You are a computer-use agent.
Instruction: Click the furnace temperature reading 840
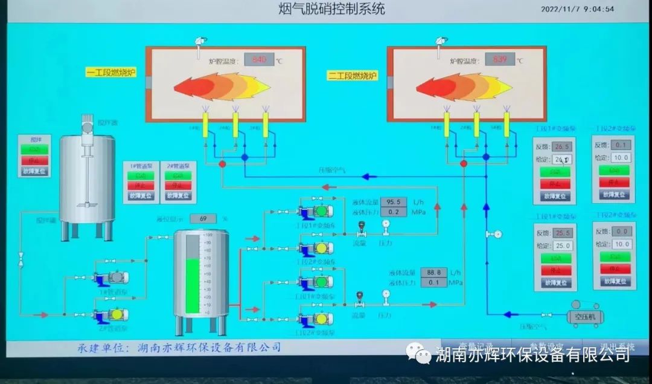click(259, 59)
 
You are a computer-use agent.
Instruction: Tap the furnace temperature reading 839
click(500, 59)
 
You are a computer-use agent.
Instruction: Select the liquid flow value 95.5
click(394, 202)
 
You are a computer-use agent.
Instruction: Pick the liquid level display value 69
click(203, 218)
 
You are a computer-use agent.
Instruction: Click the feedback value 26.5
click(562, 146)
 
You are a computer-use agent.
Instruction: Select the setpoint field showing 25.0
click(563, 246)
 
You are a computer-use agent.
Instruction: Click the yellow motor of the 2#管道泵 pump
click(115, 314)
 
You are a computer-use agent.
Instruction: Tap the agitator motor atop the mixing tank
click(87, 125)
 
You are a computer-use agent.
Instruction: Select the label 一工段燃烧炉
click(112, 73)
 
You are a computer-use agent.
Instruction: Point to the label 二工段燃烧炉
click(353, 76)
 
